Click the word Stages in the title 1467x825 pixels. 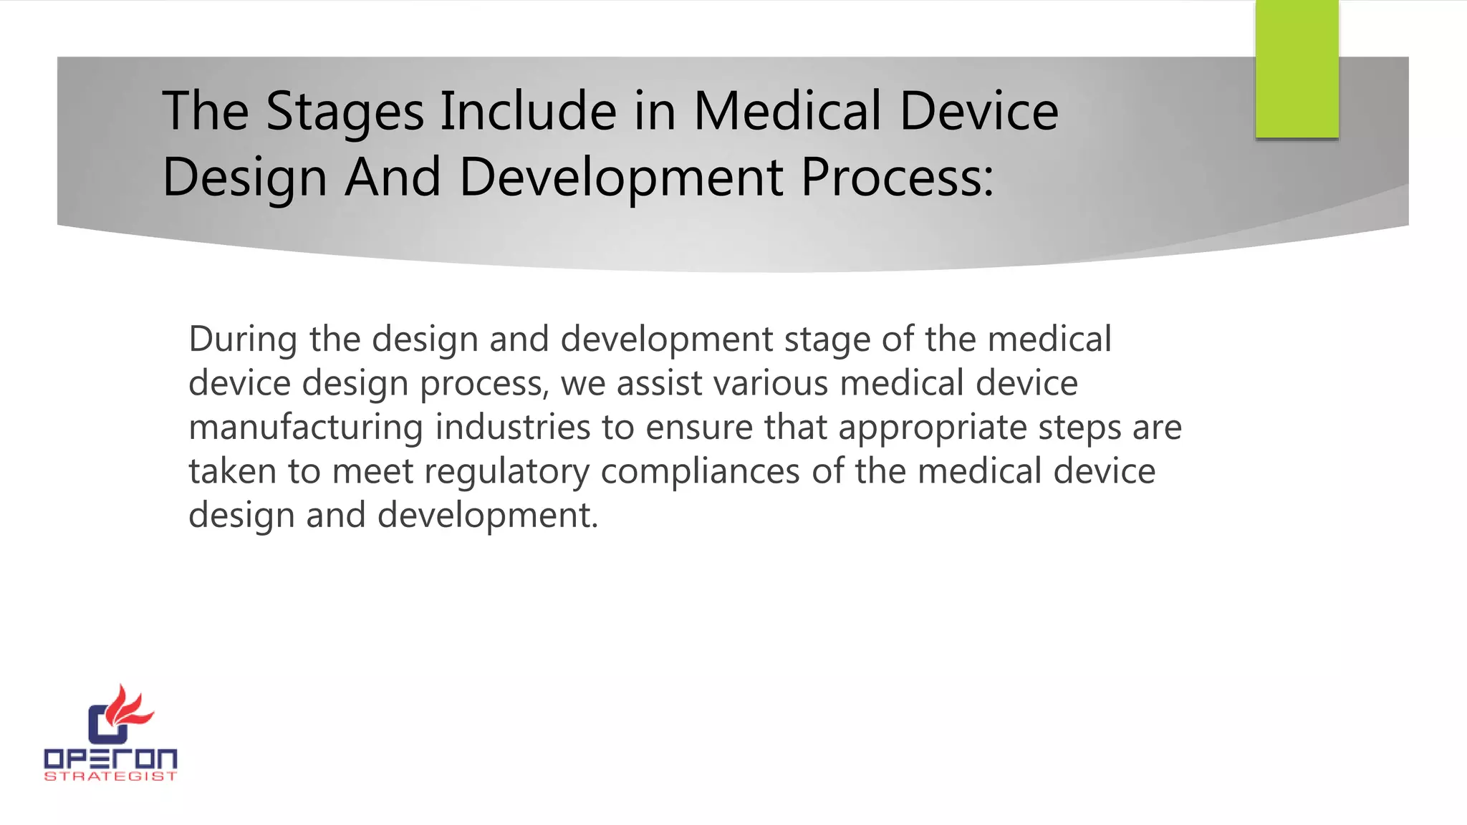[345, 112]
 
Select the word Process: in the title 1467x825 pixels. [898, 178]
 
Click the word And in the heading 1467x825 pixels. [393, 178]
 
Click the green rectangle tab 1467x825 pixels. [1297, 69]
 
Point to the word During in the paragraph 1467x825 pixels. [243, 339]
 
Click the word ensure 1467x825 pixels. [699, 428]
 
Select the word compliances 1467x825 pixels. [700, 473]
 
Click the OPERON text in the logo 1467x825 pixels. [110, 759]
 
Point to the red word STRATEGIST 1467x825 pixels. [110, 776]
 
